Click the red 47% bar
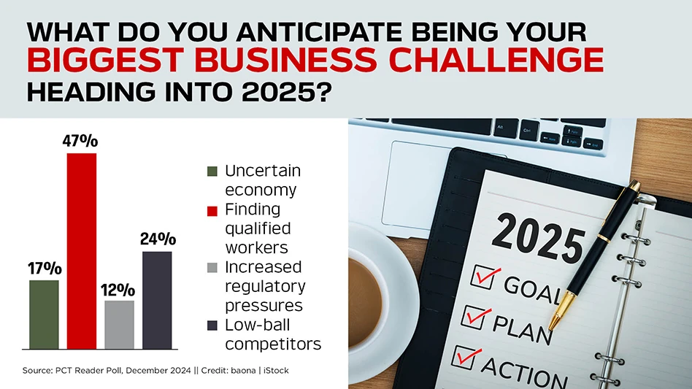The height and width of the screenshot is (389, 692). point(82,251)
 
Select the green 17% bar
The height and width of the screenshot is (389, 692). point(44,315)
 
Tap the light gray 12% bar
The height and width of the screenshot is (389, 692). point(119,325)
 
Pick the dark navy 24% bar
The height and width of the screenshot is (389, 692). point(157,300)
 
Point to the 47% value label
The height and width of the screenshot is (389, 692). point(80,141)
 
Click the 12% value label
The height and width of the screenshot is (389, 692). point(118,290)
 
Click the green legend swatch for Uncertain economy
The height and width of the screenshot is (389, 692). point(212,171)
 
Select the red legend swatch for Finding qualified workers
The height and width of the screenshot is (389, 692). point(212,211)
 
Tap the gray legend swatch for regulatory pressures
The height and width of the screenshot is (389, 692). point(212,268)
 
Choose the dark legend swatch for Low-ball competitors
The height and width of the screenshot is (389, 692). point(212,326)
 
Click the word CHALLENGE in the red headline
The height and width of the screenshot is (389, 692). point(496,60)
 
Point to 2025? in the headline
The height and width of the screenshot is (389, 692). point(286,92)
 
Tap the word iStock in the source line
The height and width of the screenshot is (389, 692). point(276,371)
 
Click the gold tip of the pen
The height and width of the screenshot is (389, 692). point(552,326)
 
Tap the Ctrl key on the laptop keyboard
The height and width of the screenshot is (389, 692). point(528,131)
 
